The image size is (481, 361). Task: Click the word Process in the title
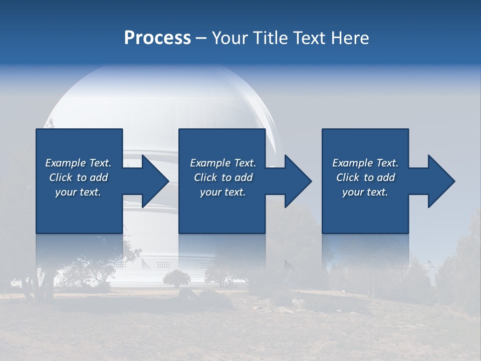pos(157,38)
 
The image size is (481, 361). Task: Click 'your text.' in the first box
pos(78,192)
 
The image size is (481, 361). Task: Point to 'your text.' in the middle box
pos(223,192)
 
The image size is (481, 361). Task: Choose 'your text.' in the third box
pos(365,192)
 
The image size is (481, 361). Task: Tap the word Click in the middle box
pos(205,177)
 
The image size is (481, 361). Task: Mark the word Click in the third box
pos(348,177)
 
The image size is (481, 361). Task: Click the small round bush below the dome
pos(176,278)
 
